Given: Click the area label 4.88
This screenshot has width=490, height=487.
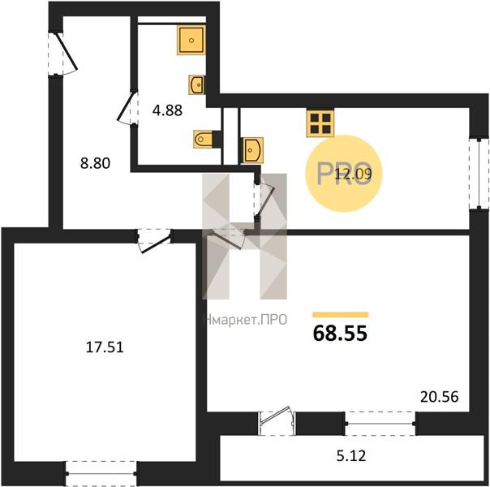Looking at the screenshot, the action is (167, 110).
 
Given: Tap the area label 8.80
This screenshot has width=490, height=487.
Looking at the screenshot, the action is (95, 163).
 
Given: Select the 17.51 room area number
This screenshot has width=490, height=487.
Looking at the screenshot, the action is (105, 347).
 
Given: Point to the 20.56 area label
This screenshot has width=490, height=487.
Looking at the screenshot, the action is (440, 397).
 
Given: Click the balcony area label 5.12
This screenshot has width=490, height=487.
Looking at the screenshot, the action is (351, 456).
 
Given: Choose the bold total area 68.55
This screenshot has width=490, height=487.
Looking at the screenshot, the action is (340, 334).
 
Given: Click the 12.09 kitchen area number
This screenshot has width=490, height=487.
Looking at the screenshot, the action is (353, 174).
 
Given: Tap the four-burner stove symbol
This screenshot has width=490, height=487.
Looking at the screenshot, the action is (320, 123).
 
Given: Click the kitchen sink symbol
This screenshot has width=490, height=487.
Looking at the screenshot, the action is (251, 150).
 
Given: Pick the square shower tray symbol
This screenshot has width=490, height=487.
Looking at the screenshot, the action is (191, 41).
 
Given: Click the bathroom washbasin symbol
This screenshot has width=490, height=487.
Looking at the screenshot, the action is (197, 84).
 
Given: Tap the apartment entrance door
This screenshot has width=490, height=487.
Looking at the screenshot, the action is (62, 54).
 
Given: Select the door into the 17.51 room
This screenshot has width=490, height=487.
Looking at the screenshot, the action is (154, 241).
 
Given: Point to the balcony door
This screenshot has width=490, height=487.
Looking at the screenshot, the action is (277, 420).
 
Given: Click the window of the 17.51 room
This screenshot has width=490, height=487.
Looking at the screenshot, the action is (101, 473).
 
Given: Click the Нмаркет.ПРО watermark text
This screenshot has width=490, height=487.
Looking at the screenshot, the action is (246, 320).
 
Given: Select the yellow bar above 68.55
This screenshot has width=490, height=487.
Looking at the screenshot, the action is (341, 315).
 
